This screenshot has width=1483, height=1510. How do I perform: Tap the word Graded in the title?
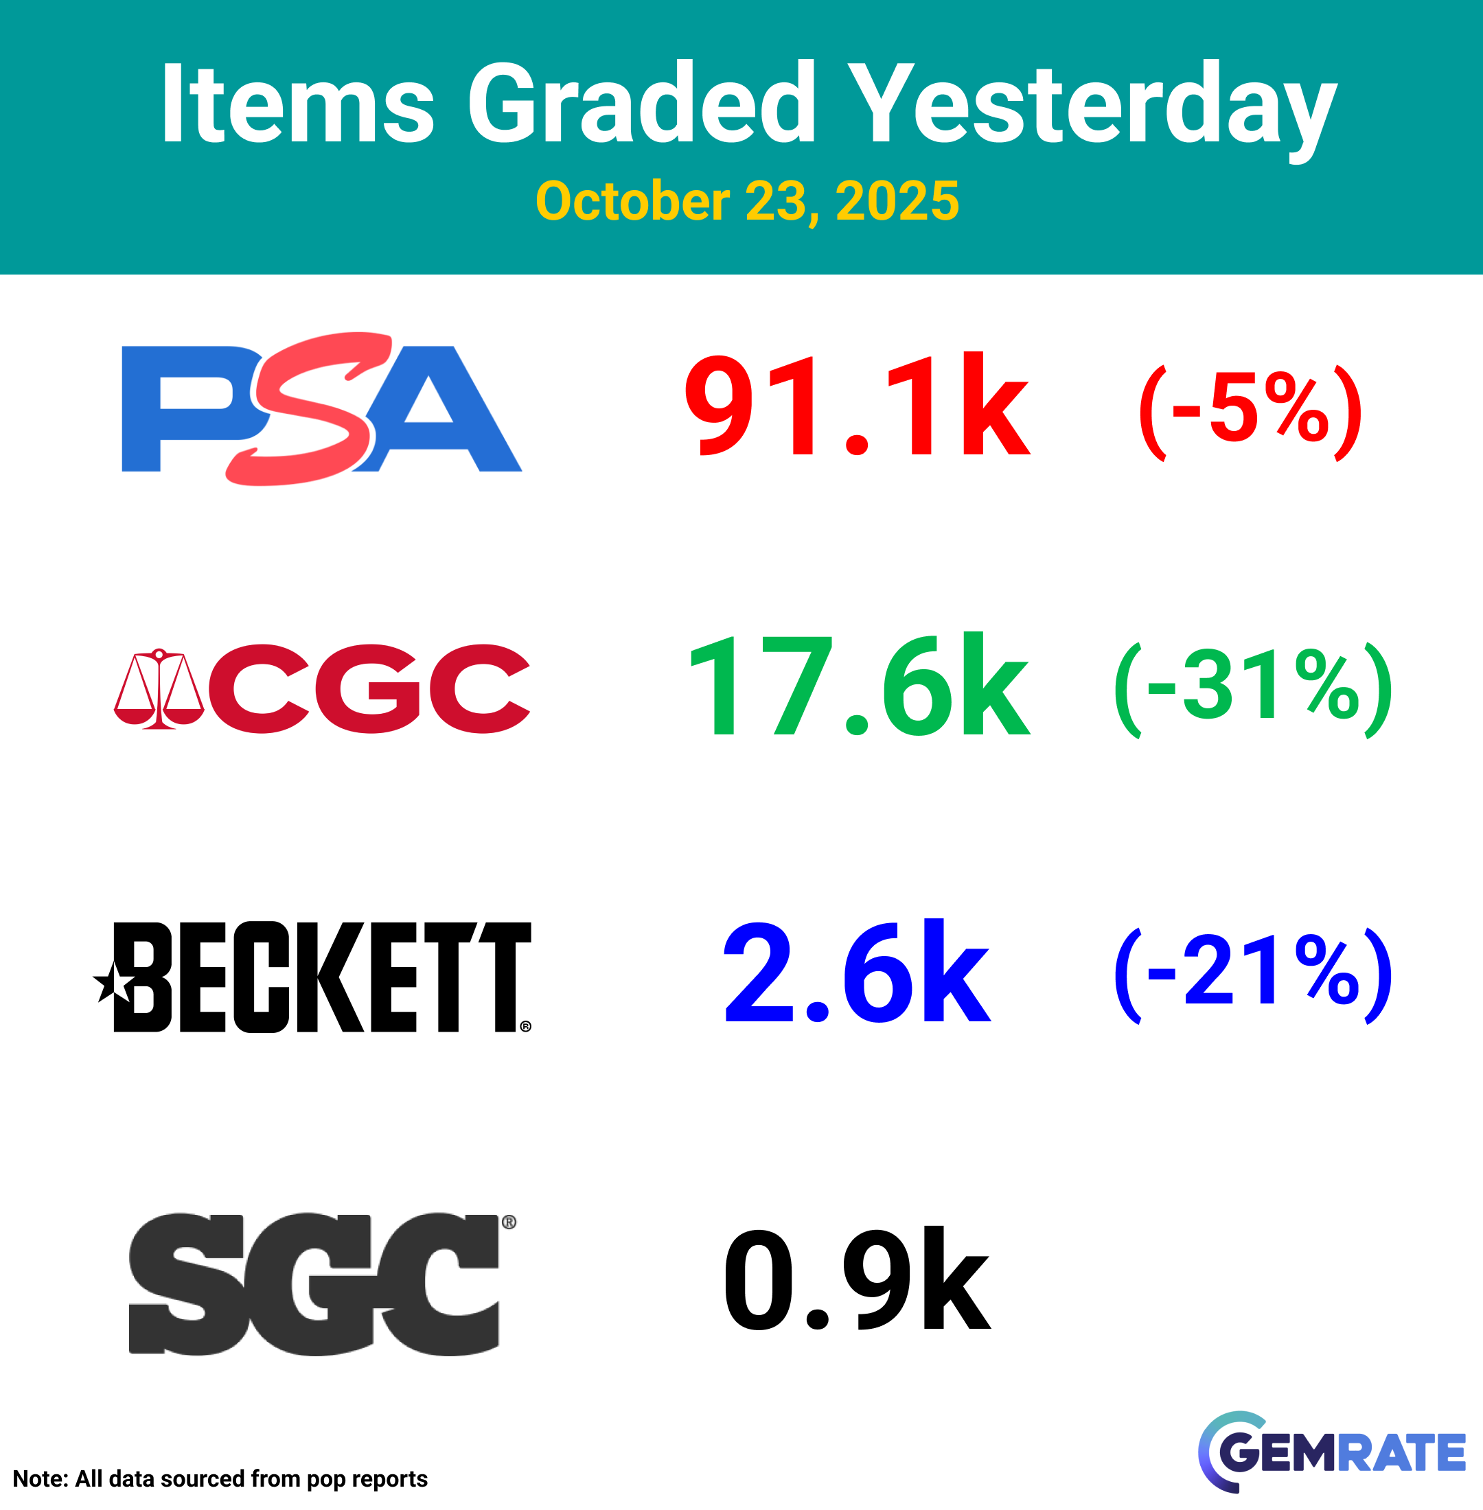click(x=642, y=103)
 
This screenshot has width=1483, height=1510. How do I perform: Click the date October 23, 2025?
click(x=747, y=201)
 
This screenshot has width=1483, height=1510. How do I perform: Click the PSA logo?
click(x=322, y=409)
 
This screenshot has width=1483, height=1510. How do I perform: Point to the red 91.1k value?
click(x=858, y=404)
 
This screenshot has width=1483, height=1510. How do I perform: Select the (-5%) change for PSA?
click(x=1250, y=412)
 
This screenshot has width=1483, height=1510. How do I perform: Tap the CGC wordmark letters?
click(x=370, y=688)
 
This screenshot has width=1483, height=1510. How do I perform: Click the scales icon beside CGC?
click(x=159, y=688)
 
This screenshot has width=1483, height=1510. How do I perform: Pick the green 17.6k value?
click(x=859, y=684)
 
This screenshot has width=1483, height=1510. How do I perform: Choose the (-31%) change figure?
click(x=1253, y=690)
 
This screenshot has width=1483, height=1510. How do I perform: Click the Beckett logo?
click(x=312, y=977)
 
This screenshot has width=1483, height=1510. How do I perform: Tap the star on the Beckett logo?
click(x=113, y=983)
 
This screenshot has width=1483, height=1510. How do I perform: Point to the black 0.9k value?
click(x=857, y=1278)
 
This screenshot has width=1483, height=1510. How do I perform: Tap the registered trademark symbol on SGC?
click(x=509, y=1222)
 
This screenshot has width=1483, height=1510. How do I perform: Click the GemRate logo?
click(x=1331, y=1452)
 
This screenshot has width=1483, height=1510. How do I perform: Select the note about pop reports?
click(x=220, y=1479)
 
